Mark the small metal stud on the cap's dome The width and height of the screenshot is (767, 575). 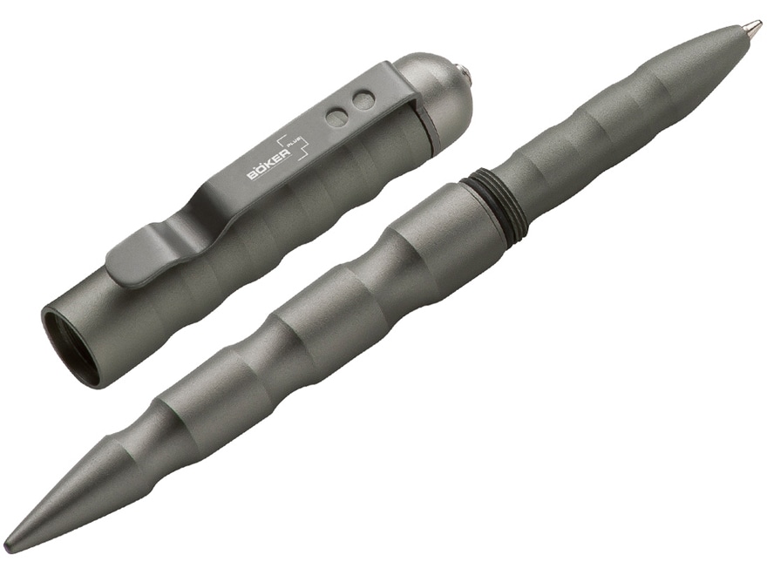(x=467, y=74)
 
